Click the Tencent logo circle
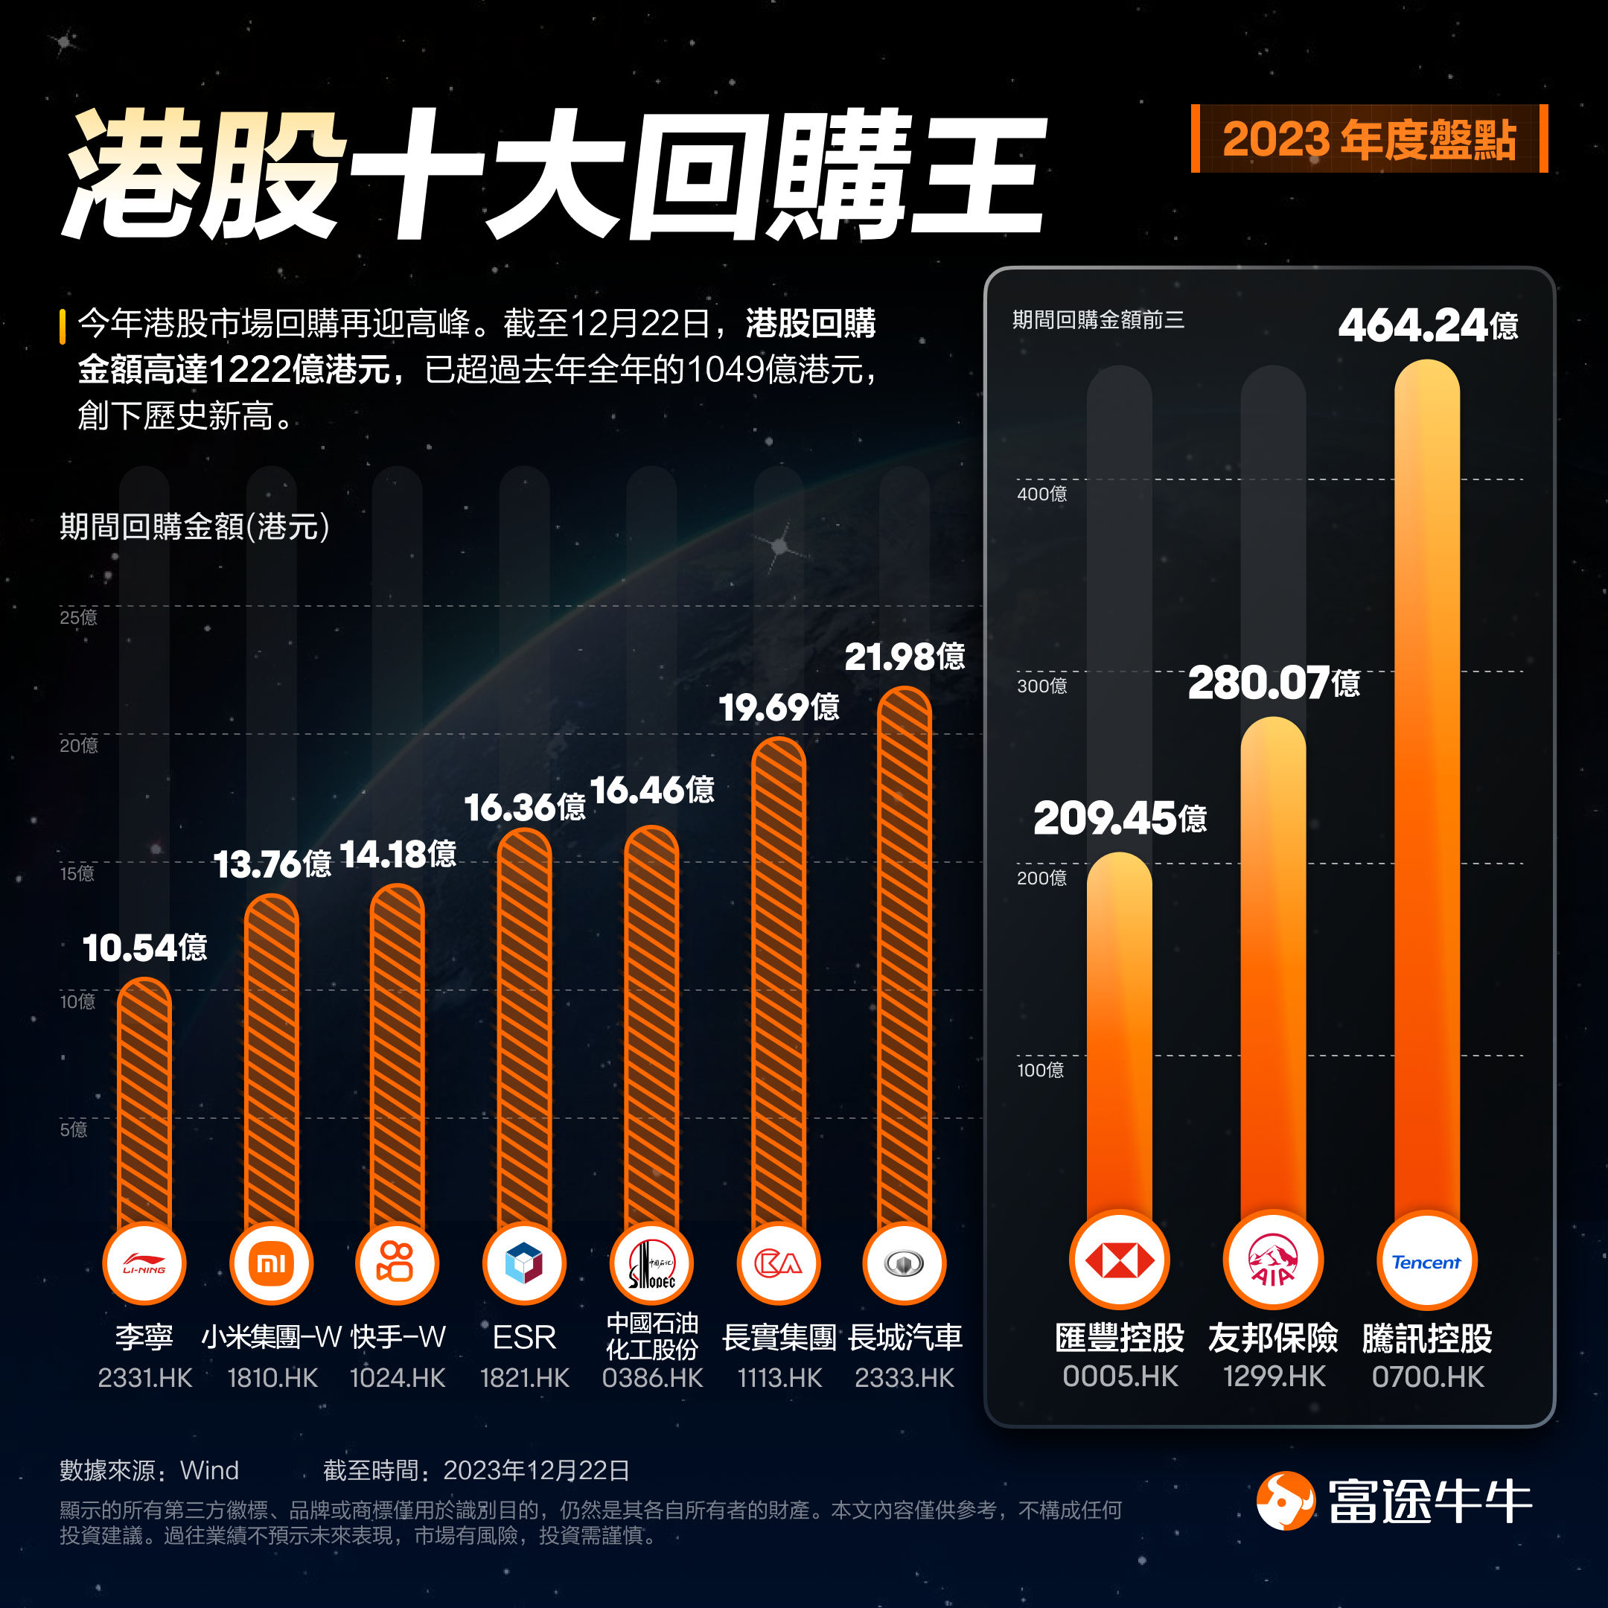coord(1426,1262)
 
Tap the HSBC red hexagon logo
coord(1119,1261)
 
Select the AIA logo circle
coord(1272,1261)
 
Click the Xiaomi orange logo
coord(271,1263)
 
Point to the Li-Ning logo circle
coord(144,1263)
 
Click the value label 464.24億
coord(1427,325)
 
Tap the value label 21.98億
coord(904,657)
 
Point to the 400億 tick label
coord(1041,494)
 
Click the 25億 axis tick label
coord(78,616)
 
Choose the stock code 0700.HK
coord(1427,1376)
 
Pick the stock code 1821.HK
coord(524,1377)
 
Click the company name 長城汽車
coord(904,1337)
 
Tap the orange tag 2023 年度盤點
coord(1369,139)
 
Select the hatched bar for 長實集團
coord(778,982)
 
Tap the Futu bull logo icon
coord(1285,1501)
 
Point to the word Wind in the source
coord(209,1470)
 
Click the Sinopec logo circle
coord(651,1263)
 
